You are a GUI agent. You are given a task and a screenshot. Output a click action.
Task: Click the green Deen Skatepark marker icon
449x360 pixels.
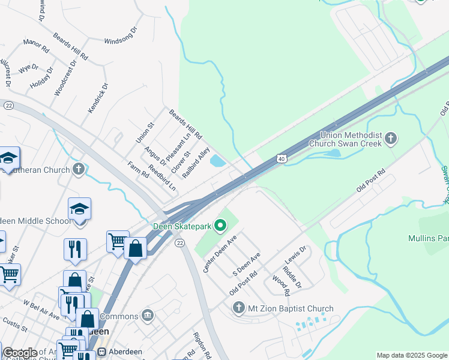tap(220, 226)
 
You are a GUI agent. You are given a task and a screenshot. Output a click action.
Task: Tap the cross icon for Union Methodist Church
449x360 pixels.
tap(391, 139)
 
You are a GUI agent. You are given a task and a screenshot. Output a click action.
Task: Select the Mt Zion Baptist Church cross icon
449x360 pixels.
tap(238, 308)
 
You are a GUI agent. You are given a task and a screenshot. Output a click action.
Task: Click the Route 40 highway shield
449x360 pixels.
tap(282, 158)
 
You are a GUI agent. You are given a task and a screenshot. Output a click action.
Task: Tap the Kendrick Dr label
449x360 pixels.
tap(98, 98)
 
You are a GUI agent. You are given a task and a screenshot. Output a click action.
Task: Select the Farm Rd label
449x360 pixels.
tap(138, 170)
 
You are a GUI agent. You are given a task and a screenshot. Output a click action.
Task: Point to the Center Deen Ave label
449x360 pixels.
tap(220, 254)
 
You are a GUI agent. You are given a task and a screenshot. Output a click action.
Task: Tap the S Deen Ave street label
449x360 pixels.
tap(247, 265)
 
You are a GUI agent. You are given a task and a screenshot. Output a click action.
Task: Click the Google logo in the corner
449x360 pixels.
tap(20, 353)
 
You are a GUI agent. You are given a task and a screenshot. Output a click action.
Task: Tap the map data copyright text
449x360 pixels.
tap(412, 355)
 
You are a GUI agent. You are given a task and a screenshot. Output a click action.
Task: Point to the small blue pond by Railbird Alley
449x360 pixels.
tap(218, 161)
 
